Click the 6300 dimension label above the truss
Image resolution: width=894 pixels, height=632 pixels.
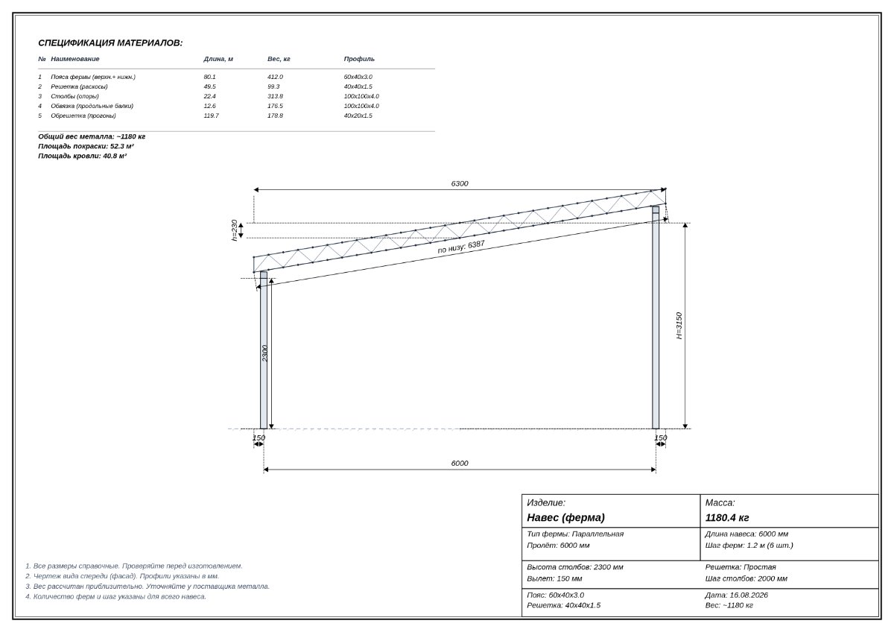click(x=460, y=183)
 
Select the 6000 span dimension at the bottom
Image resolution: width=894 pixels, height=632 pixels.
click(x=460, y=463)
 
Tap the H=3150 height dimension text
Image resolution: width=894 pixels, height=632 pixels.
click(x=679, y=326)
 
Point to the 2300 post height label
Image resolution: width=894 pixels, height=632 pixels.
click(x=264, y=353)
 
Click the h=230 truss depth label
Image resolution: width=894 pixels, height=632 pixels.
click(x=234, y=230)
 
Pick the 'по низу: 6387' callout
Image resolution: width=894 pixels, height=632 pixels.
click(x=461, y=247)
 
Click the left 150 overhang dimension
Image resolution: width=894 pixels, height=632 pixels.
click(x=259, y=438)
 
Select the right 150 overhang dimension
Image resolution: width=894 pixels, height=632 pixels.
click(x=661, y=438)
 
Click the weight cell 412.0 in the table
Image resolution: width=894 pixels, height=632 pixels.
click(x=275, y=77)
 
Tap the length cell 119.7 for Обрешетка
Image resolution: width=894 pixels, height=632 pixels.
click(x=211, y=116)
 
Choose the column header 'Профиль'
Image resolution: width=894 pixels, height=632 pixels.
click(x=359, y=59)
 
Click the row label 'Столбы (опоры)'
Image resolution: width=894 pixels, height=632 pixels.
click(x=74, y=96)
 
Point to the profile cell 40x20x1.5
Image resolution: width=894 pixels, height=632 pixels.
click(x=358, y=116)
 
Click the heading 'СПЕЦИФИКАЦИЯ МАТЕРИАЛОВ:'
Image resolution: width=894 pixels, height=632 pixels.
click(x=110, y=43)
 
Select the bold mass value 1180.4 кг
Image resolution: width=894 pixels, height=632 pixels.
click(x=727, y=518)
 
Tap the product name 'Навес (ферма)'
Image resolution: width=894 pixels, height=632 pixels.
click(x=565, y=518)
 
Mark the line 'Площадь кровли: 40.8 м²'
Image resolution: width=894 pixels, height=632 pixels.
click(x=82, y=156)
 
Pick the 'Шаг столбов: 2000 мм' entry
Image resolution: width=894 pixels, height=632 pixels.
click(x=746, y=579)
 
